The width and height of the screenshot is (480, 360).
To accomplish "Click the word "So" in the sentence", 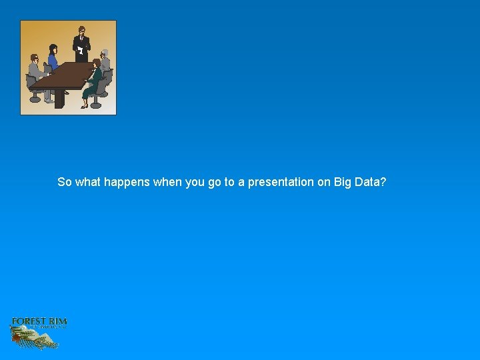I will [x=65, y=182].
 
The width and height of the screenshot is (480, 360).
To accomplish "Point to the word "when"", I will [x=167, y=182].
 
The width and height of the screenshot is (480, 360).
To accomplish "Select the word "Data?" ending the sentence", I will [x=371, y=182].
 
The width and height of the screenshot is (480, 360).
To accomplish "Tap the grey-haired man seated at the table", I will [x=105, y=63].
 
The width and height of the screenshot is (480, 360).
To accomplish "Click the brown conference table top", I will [x=63, y=76].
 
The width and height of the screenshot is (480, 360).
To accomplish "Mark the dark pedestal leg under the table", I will [x=59, y=99].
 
